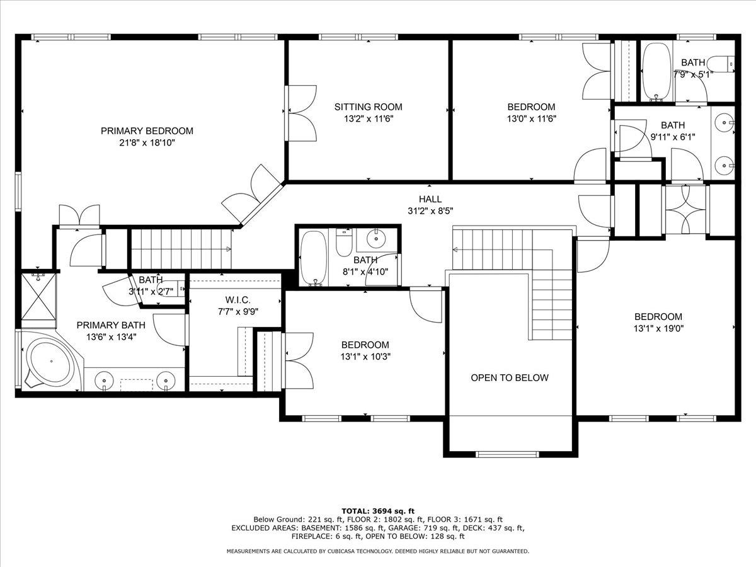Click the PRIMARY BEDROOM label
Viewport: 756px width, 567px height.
147,131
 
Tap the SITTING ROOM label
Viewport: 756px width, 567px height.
368,106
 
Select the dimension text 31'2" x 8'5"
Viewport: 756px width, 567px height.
430,210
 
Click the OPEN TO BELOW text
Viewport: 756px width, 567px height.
510,377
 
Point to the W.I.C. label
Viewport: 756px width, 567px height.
238,300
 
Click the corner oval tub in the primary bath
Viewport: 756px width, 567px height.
51,361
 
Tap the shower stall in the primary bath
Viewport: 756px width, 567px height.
38,297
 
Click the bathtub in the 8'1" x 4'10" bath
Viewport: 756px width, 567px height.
313,258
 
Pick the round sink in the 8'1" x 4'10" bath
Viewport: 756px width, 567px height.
375,238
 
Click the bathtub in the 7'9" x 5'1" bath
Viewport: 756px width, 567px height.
657,72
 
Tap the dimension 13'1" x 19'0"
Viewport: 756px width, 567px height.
658,328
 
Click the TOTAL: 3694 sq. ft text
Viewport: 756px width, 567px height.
378,511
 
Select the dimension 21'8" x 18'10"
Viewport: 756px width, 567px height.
147,142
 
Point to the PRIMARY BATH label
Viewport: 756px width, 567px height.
111,325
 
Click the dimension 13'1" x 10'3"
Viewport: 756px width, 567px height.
365,357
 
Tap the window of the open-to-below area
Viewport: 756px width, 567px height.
507,454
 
